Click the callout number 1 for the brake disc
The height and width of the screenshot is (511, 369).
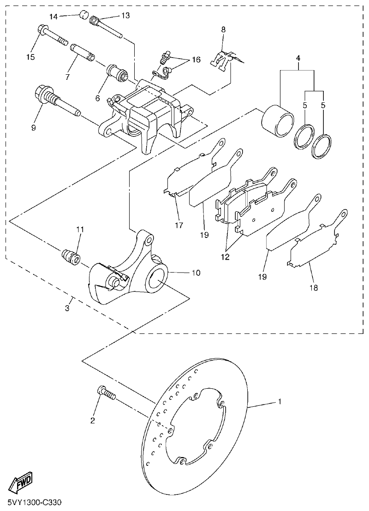coord(279,401)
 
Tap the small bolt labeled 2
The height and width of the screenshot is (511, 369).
coord(107,393)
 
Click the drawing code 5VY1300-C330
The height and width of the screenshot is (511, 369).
coord(34,501)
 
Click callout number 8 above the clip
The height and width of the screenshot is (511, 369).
coord(223,30)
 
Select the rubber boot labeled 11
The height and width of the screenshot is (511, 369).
coord(71,256)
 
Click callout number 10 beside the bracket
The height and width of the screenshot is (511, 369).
coord(196,273)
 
